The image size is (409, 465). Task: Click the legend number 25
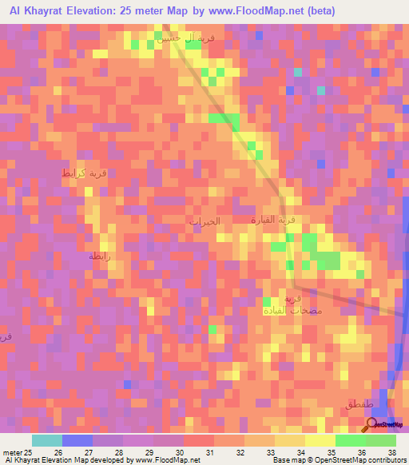[x=28, y=451]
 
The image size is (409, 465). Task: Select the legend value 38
[x=392, y=451]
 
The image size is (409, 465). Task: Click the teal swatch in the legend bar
[x=47, y=440]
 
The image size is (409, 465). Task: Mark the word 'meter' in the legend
[x=12, y=451]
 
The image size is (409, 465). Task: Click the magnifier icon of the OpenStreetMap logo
[x=371, y=423]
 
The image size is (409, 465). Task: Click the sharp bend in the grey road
[x=294, y=286]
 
